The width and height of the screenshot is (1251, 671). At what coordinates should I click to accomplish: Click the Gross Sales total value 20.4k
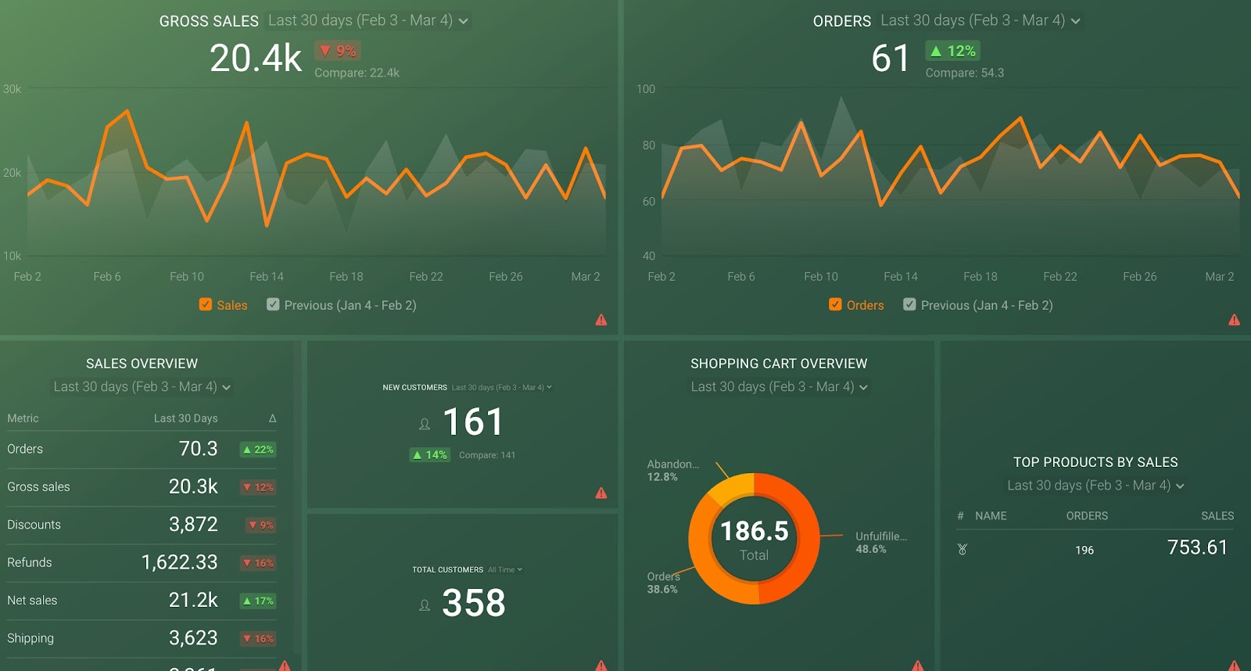(x=256, y=59)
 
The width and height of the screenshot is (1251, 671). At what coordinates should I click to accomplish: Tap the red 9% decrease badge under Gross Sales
(x=338, y=51)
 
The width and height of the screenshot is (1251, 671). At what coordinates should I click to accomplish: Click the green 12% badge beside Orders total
(x=952, y=51)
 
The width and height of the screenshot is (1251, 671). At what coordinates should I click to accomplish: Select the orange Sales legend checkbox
(x=206, y=304)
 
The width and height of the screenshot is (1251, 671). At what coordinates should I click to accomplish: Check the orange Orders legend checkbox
(x=835, y=304)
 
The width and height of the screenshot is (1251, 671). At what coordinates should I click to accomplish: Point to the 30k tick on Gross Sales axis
(x=13, y=89)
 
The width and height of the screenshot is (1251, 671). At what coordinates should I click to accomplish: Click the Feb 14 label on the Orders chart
(x=901, y=277)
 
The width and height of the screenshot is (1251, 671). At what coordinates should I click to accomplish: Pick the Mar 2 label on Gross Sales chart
(x=586, y=277)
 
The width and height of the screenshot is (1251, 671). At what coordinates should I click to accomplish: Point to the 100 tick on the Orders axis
(x=646, y=89)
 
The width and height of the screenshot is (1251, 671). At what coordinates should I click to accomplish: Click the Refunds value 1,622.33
(x=180, y=562)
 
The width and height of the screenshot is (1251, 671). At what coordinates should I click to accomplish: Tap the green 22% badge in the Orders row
(x=258, y=450)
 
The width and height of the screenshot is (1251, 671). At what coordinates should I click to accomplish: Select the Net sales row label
(x=32, y=601)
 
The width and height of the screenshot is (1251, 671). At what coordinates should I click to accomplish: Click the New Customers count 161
(x=473, y=422)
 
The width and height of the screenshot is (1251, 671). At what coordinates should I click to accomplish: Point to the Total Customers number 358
(x=474, y=603)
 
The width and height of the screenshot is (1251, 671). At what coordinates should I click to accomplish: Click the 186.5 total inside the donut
(x=755, y=532)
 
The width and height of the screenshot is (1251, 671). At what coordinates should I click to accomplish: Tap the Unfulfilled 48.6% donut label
(x=881, y=542)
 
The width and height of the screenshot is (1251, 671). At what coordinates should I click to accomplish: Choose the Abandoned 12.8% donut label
(x=672, y=470)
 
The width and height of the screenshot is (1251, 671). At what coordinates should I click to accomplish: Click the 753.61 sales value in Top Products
(x=1197, y=547)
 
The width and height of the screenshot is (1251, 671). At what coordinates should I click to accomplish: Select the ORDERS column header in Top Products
(x=1087, y=516)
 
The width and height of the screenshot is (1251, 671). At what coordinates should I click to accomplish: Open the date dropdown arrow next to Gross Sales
(x=464, y=21)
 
